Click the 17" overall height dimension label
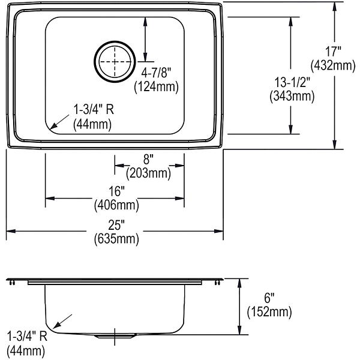333,52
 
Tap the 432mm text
333,66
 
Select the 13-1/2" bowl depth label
292,82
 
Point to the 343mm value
292,96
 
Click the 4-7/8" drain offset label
156,73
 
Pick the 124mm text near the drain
157,87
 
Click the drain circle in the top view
115,41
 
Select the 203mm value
148,173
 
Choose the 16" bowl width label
116,191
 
